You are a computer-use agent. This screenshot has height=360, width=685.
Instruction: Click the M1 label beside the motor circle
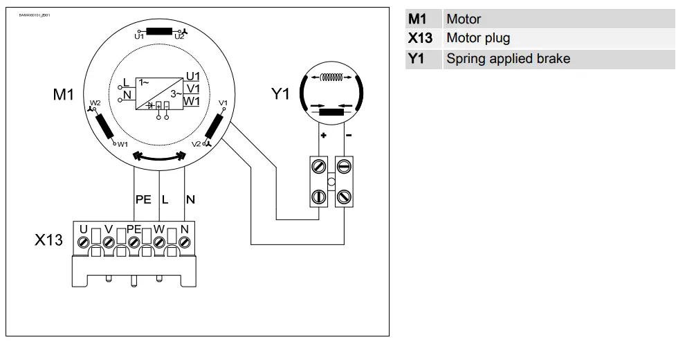(x=63, y=95)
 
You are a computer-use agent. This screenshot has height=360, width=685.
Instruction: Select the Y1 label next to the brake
(x=280, y=94)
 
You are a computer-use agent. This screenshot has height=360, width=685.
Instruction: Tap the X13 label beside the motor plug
(x=49, y=240)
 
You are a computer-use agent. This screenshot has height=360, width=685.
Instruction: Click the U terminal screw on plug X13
(x=84, y=242)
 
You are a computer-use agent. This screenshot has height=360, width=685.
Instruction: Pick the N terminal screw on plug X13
(x=185, y=242)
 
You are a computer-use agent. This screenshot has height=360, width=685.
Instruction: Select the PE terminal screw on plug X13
(x=134, y=242)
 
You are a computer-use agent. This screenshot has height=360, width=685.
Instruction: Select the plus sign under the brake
(x=323, y=136)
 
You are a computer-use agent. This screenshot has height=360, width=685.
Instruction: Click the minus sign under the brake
(x=348, y=136)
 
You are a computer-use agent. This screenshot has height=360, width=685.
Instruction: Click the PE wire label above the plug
(x=143, y=199)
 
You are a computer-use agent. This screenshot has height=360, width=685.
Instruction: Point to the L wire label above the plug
(x=165, y=199)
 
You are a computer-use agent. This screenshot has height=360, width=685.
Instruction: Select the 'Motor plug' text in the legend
(x=478, y=38)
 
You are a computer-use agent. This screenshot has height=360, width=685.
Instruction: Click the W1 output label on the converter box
(x=193, y=100)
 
